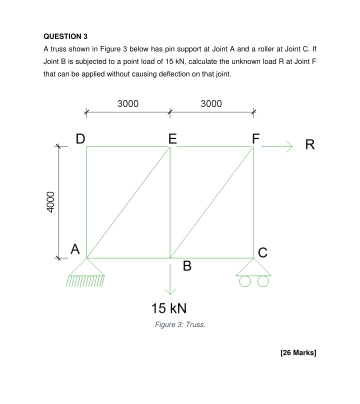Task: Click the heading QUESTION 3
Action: [65, 36]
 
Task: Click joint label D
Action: [80, 138]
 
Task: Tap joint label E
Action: [172, 138]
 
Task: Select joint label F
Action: [255, 138]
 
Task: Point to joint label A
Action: [75, 248]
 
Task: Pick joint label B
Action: [187, 266]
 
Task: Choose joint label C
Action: [263, 252]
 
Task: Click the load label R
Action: [310, 145]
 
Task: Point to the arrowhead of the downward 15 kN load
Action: [170, 291]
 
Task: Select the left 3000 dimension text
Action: [128, 104]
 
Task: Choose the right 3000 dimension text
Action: [211, 104]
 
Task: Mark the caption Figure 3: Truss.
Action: [180, 325]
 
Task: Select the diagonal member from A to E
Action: [128, 202]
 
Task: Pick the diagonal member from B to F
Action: [212, 202]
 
